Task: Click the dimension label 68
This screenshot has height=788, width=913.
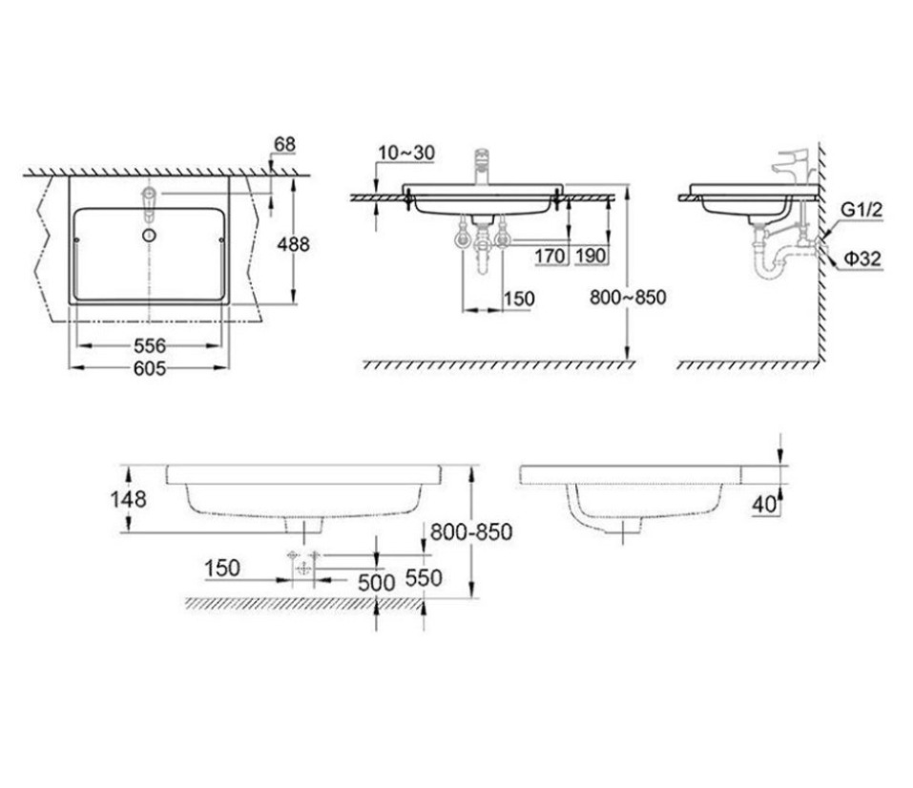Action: tap(284, 145)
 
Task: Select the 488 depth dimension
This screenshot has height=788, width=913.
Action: tap(293, 244)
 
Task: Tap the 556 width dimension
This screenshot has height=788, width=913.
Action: tap(149, 345)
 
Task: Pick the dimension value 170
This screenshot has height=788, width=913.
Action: tap(550, 256)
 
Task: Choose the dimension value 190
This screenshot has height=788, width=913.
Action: tap(591, 256)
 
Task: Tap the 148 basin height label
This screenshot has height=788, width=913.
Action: tap(128, 498)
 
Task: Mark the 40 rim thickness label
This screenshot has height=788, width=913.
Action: tap(763, 505)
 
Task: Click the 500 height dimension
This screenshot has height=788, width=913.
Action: tap(376, 582)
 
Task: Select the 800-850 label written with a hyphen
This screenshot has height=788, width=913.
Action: tap(470, 532)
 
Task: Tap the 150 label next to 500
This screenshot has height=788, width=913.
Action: tap(221, 569)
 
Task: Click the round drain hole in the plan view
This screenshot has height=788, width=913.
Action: tap(149, 235)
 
